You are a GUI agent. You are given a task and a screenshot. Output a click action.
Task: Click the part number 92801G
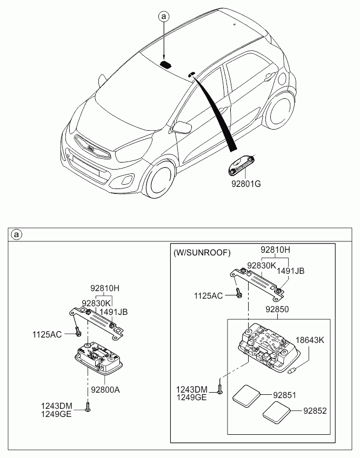246,184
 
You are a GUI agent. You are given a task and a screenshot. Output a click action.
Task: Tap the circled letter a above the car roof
164,16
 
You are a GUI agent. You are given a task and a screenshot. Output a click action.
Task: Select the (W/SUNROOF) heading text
202,252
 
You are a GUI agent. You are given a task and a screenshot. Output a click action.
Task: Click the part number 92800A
105,389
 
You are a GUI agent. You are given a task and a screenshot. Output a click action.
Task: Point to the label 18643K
310,340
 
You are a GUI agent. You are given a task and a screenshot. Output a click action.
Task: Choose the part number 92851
284,395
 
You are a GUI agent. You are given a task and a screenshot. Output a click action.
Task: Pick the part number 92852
315,410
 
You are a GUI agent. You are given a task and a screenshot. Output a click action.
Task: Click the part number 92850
277,309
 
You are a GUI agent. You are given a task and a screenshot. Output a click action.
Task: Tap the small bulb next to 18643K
291,371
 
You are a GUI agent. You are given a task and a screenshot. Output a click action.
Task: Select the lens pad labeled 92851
246,396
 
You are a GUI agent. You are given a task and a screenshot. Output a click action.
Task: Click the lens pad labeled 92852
276,412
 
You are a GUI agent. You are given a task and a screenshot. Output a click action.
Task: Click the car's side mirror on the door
182,126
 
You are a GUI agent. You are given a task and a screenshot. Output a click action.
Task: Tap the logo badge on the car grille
91,147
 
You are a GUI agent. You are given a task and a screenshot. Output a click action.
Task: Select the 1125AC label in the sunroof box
208,295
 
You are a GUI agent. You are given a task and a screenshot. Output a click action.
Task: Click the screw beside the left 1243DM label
88,407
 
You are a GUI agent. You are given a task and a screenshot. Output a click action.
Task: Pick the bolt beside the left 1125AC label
77,332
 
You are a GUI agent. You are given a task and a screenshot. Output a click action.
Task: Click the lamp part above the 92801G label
242,166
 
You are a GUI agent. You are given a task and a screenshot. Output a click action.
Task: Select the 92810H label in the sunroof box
275,250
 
